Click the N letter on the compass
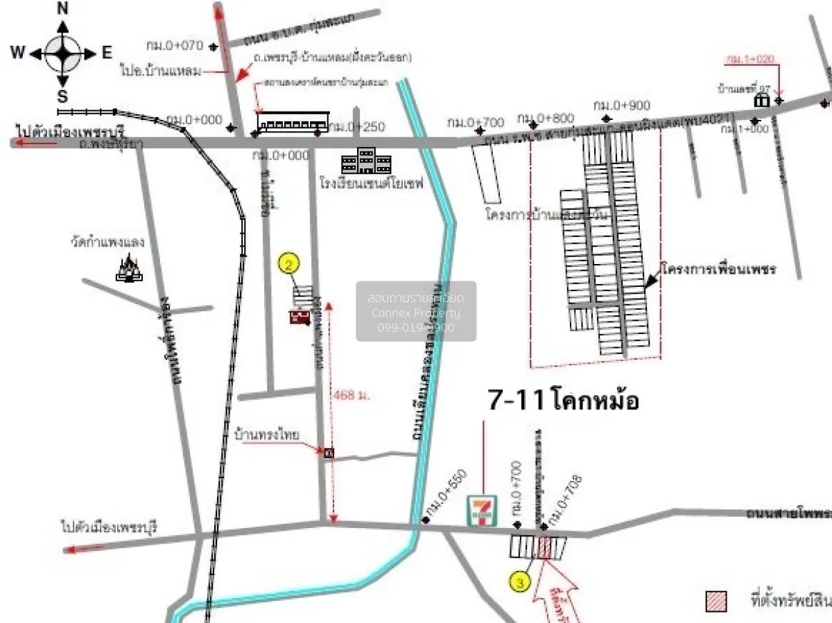pyautogui.click(x=62, y=8)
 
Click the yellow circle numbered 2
pyautogui.click(x=289, y=263)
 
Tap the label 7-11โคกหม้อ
pyautogui.click(x=563, y=401)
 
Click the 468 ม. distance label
pyautogui.click(x=352, y=395)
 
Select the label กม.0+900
pyautogui.click(x=622, y=105)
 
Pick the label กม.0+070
pyautogui.click(x=174, y=46)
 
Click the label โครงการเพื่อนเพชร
pyautogui.click(x=718, y=268)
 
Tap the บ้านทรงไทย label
pyautogui.click(x=267, y=435)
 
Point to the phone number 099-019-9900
pyautogui.click(x=416, y=327)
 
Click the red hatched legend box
pyautogui.click(x=716, y=602)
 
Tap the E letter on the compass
pyautogui.click(x=107, y=52)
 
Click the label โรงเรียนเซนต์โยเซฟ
pyautogui.click(x=372, y=185)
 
